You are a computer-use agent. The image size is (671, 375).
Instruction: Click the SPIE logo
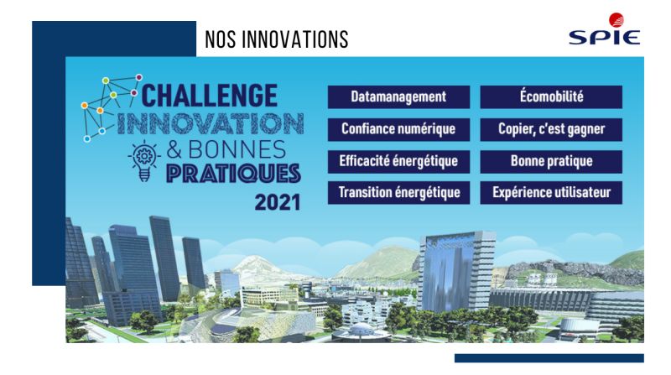(x=604, y=29)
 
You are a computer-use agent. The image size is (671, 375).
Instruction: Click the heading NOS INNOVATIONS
(x=277, y=39)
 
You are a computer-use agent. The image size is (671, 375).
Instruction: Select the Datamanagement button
(x=398, y=96)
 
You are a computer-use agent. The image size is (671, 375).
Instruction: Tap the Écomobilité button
(x=551, y=96)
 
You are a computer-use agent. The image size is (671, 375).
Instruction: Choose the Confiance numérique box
(x=398, y=129)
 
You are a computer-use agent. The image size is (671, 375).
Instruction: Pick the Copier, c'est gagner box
(x=551, y=129)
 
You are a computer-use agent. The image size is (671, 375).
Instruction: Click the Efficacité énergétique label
(x=398, y=161)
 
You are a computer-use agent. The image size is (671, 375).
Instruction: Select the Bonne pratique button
(x=551, y=161)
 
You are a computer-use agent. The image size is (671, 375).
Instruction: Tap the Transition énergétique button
(x=398, y=193)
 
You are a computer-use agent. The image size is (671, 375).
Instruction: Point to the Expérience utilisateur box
(x=551, y=193)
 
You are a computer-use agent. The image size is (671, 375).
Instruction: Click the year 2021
(x=278, y=202)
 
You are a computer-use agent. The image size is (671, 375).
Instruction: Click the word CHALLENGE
(x=209, y=95)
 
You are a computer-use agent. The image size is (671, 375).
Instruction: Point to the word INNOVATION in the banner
(x=211, y=123)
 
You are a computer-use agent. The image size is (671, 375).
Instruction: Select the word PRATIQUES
(x=233, y=174)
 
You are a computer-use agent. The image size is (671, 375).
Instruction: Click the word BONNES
(x=237, y=150)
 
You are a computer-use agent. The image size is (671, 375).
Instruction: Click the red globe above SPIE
(x=616, y=20)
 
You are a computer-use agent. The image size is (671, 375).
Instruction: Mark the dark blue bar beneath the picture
(x=549, y=358)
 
